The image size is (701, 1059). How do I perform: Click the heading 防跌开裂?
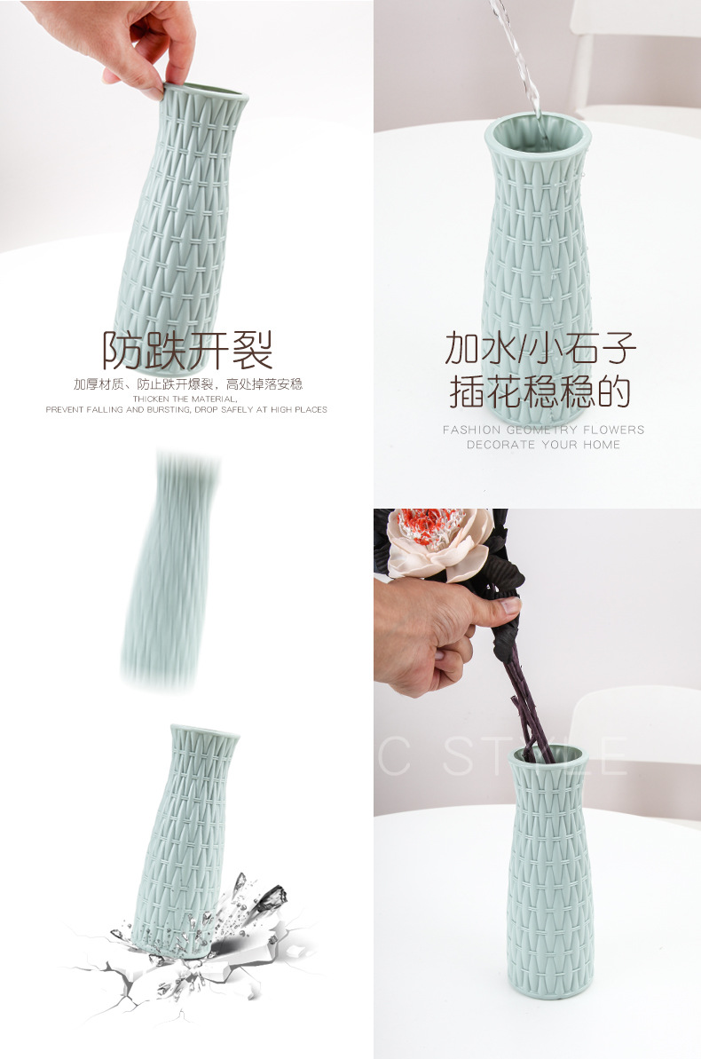(x=186, y=350)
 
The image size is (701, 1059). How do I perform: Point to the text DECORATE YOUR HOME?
(x=543, y=445)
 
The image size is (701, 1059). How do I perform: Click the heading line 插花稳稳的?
(x=540, y=391)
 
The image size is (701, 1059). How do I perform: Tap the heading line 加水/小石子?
(x=540, y=349)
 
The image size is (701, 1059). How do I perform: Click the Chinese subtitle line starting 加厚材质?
(x=187, y=384)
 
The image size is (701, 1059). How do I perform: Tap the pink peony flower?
(x=439, y=541)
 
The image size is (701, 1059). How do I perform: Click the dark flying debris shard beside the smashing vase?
(x=266, y=897)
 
